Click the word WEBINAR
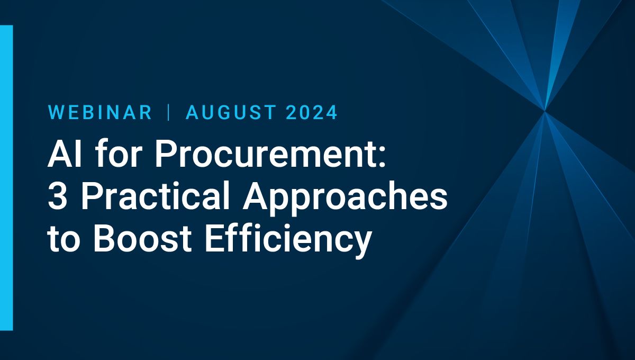(x=100, y=112)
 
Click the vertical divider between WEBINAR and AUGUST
(x=169, y=112)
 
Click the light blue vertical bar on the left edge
(x=6, y=177)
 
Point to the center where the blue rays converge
(x=544, y=111)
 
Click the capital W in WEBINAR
(x=57, y=112)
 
